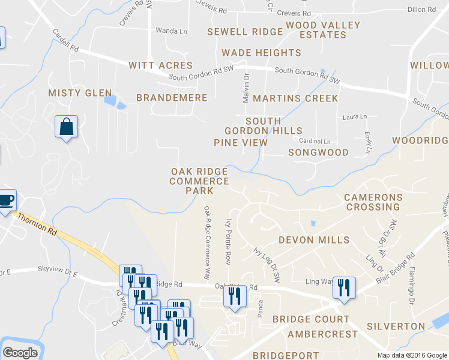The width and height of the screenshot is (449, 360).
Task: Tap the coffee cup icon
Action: (x=6, y=200)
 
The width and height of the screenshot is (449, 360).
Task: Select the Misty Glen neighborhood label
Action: (x=80, y=92)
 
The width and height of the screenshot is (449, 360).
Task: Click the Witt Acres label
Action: (x=160, y=65)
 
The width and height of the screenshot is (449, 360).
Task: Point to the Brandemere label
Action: (x=172, y=97)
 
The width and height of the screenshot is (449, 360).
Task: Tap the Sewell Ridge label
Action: (x=245, y=31)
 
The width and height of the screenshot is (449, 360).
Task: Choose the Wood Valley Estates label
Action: (x=323, y=30)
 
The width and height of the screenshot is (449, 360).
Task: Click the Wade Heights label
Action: (x=261, y=53)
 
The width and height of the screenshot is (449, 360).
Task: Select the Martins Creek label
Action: (x=295, y=98)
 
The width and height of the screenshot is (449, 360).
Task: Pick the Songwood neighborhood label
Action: (x=318, y=152)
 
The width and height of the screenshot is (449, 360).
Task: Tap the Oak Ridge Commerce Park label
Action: (x=200, y=181)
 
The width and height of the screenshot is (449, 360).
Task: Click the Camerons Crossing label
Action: (x=373, y=202)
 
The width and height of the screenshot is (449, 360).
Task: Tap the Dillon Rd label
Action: (x=421, y=10)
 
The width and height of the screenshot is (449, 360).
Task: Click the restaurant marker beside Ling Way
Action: (x=344, y=287)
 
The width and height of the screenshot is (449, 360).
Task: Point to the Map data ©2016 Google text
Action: (x=412, y=355)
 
